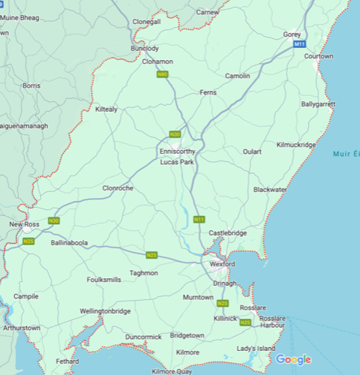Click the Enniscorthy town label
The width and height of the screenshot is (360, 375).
point(178,151)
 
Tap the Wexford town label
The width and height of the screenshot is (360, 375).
point(222,265)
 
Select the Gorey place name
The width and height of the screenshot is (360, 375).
point(292,34)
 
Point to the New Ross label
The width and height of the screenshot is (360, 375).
point(24,224)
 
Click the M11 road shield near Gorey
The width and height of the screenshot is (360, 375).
point(299,45)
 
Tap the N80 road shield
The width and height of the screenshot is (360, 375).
point(162,73)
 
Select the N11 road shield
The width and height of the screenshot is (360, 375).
point(199,219)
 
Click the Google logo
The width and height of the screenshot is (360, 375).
point(293,359)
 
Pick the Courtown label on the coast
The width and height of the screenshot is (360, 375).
point(319,56)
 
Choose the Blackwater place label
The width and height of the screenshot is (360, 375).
point(270,190)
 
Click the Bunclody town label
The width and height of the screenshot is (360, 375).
point(145,48)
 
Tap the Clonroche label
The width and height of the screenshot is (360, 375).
point(118,188)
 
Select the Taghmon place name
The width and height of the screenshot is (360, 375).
point(144,273)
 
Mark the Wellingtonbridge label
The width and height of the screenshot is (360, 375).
point(105,310)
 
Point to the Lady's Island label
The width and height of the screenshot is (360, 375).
point(256,349)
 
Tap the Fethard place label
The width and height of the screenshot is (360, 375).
point(67,361)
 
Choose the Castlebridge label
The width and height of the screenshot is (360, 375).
point(227,233)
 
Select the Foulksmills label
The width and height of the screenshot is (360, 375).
point(103,279)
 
